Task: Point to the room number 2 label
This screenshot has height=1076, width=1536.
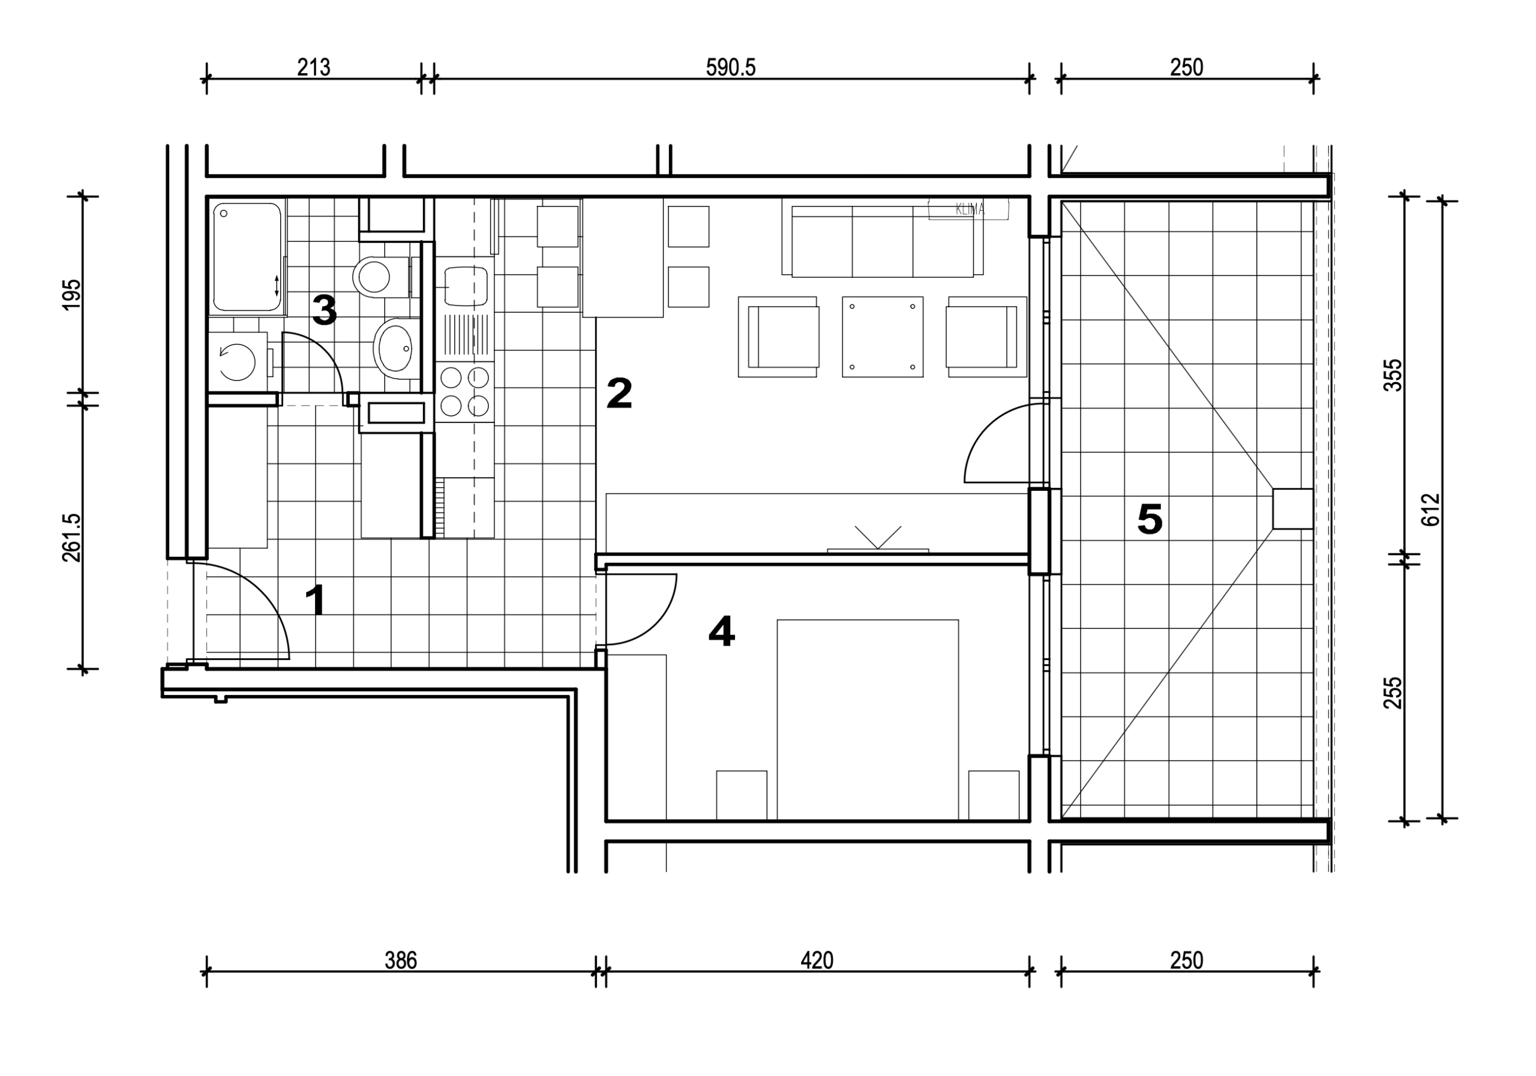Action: point(619,394)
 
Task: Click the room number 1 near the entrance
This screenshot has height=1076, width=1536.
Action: point(316,600)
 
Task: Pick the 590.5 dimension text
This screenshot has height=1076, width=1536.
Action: point(731,68)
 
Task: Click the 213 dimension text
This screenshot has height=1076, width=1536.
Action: point(314,68)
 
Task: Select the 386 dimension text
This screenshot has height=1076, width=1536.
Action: point(401,961)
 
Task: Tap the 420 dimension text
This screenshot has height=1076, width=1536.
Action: point(817,961)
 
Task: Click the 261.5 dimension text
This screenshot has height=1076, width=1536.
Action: point(71,537)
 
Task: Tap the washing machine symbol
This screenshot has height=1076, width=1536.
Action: point(238,362)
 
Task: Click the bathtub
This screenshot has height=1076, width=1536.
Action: point(246,257)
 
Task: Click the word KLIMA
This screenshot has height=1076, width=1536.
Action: point(970,209)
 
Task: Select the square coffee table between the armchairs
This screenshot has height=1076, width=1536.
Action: point(883,337)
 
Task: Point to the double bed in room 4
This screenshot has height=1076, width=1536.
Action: point(868,720)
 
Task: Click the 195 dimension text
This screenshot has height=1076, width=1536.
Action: point(71,295)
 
